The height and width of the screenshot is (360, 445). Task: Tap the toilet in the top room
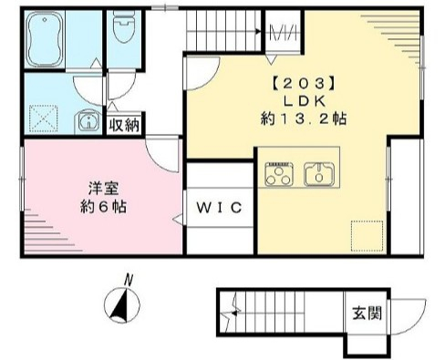[122, 34]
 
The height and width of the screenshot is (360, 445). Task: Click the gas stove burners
[277, 173]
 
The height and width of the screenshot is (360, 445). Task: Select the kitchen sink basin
[319, 172]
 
